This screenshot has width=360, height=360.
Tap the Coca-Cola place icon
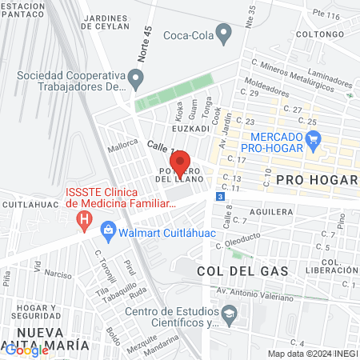pos(224,34)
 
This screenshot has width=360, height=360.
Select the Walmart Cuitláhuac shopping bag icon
pos(107,232)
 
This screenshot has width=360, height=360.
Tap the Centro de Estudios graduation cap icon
pos(229,316)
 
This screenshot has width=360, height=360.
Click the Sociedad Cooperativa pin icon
pos(136,80)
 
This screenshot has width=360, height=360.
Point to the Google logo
pos(26,350)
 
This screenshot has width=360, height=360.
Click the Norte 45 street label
pos(145,54)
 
